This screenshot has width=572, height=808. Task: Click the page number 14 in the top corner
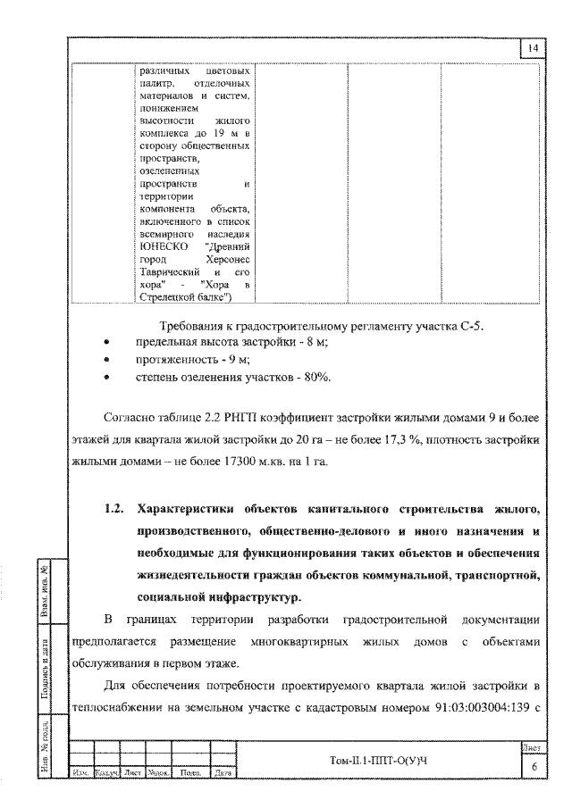533,49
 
